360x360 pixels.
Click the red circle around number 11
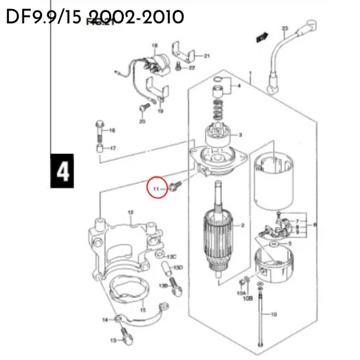[x=157, y=188]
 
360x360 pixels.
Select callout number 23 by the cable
[x=285, y=28]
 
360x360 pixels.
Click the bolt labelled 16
[x=99, y=131]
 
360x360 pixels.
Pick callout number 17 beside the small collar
[x=112, y=148]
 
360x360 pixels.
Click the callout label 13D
[x=178, y=268]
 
